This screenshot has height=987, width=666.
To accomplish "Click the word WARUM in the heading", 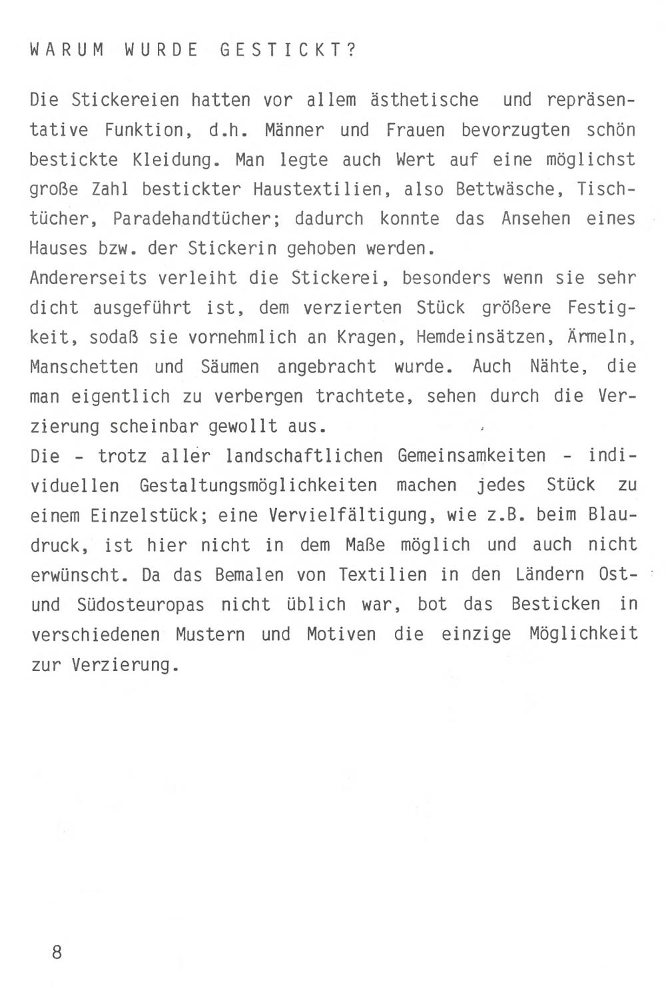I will pyautogui.click(x=67, y=51).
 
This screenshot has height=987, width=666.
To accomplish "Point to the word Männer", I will pyautogui.click(x=294, y=130).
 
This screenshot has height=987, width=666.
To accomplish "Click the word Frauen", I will pyautogui.click(x=416, y=130).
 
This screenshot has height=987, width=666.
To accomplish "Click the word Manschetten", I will pyautogui.click(x=85, y=367).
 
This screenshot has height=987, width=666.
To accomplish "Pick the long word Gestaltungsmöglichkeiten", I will pyautogui.click(x=258, y=486).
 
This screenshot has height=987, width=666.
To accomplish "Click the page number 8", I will pyautogui.click(x=57, y=952).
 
